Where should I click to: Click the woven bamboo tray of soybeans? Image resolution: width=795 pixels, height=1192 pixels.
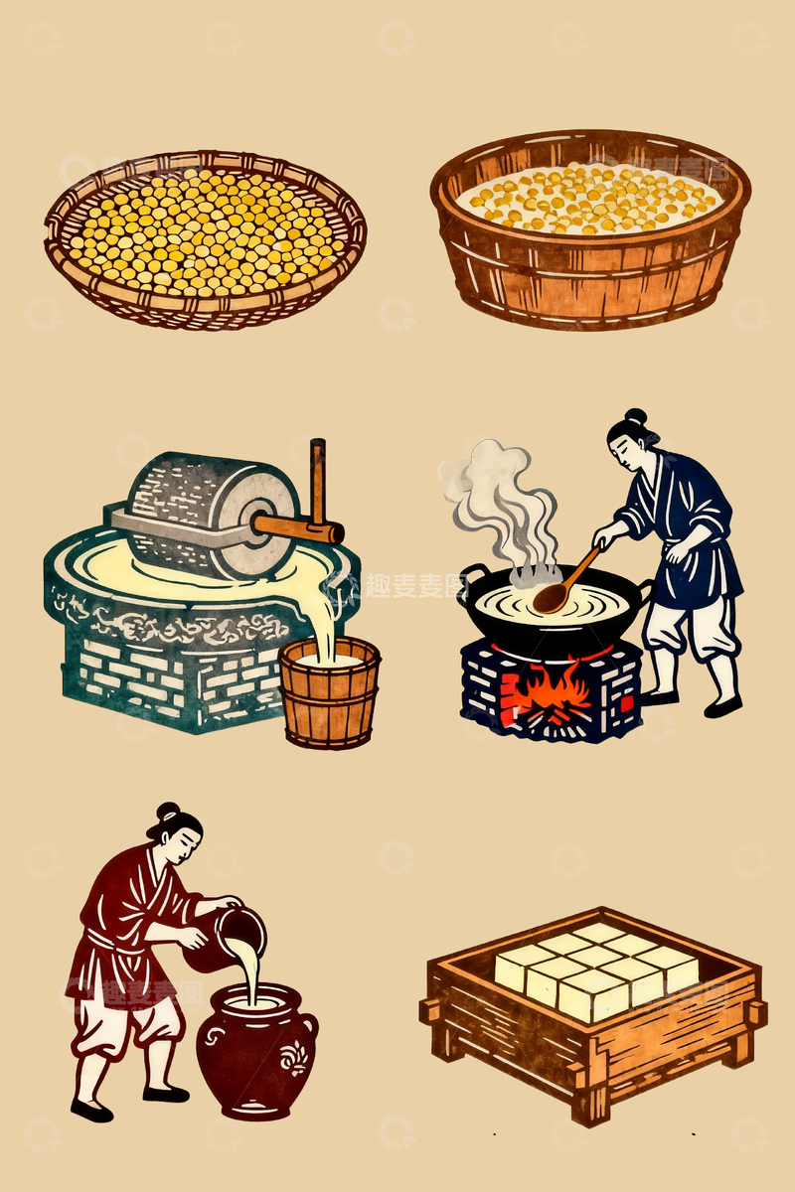(205, 238)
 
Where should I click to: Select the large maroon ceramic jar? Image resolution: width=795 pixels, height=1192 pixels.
(253, 1053)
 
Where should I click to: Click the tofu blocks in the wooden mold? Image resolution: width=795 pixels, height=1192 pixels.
(594, 968)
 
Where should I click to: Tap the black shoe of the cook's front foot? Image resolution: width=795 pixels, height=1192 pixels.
(722, 708)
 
